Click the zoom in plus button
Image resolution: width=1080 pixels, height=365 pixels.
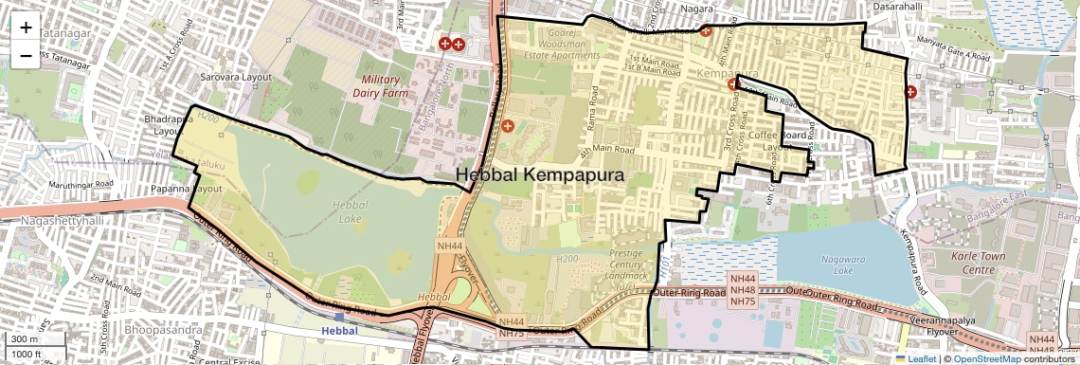tap(26, 27)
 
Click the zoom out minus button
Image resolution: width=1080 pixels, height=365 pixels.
tap(26, 56)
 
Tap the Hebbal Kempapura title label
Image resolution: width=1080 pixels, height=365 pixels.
tap(540, 175)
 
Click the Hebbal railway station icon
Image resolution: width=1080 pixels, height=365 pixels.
tap(339, 316)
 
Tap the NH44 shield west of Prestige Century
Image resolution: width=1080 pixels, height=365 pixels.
tap(449, 246)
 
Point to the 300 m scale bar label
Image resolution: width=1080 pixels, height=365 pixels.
tap(26, 338)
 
